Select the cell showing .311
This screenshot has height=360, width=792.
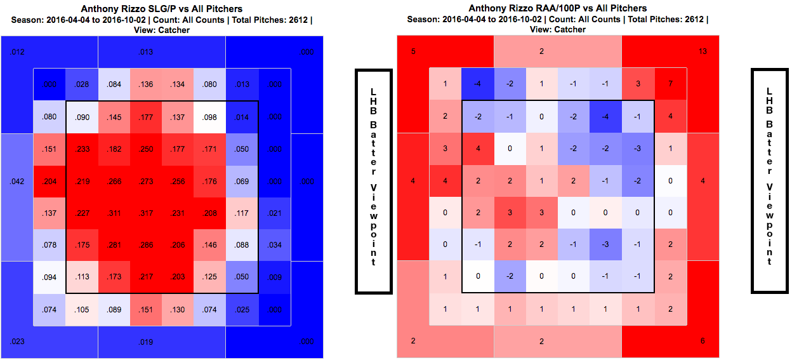click(114, 213)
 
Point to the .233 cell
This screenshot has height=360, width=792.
click(81, 149)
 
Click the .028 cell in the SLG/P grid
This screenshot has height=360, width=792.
click(81, 84)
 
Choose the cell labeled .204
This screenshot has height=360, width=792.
click(49, 182)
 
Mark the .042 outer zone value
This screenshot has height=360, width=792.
click(18, 182)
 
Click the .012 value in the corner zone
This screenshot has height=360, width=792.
click(18, 51)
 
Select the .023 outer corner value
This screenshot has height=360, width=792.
click(18, 342)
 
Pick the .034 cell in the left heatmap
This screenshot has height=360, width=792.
click(274, 245)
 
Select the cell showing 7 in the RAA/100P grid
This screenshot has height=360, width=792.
click(670, 84)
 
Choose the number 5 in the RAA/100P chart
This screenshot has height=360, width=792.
click(413, 51)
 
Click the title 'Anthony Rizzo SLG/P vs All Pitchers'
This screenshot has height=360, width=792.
click(161, 9)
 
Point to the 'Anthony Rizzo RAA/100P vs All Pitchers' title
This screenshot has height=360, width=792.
click(558, 8)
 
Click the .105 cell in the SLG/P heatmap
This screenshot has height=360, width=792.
click(81, 309)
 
